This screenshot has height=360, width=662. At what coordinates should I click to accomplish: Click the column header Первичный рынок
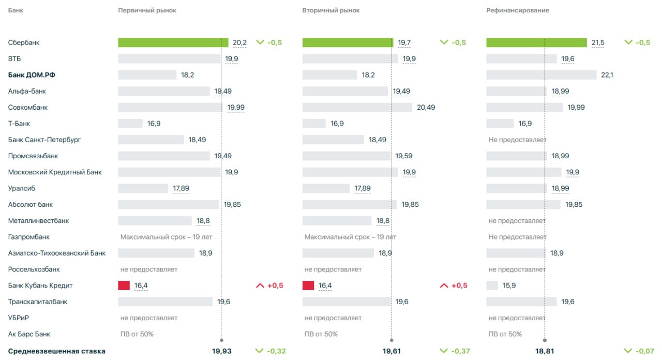[x=147, y=10]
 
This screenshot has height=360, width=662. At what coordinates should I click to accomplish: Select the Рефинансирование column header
[x=518, y=10]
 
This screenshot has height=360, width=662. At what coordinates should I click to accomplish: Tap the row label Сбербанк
[x=24, y=42]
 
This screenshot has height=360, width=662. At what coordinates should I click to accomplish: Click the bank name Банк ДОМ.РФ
[x=32, y=75]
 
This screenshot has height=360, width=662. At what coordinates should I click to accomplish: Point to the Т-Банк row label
[x=19, y=124]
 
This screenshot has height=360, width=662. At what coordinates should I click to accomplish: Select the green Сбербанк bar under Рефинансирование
[x=536, y=42]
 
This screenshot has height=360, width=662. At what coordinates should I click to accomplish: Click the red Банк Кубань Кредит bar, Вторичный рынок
[x=308, y=286]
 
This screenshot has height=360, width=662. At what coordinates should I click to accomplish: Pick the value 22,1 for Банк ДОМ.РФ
[x=607, y=75]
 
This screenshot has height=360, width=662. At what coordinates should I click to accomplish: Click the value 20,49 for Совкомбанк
[x=426, y=108]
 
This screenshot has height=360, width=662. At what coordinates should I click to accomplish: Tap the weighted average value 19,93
[x=222, y=351]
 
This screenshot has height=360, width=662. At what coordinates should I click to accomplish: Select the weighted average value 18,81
[x=545, y=351]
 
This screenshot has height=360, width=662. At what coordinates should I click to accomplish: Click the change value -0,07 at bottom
[x=643, y=351]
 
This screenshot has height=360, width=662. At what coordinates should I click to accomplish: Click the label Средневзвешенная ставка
[x=56, y=351]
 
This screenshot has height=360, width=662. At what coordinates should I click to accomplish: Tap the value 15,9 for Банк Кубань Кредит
[x=509, y=286]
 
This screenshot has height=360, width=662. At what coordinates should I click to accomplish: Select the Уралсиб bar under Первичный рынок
[x=143, y=188]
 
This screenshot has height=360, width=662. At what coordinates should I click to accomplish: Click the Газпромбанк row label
[x=29, y=237]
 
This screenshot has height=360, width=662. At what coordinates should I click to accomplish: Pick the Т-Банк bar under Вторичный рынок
[x=314, y=124]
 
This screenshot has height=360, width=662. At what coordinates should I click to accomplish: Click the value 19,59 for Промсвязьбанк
[x=404, y=156]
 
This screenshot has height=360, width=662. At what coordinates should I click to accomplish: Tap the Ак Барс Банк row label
[x=29, y=334]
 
